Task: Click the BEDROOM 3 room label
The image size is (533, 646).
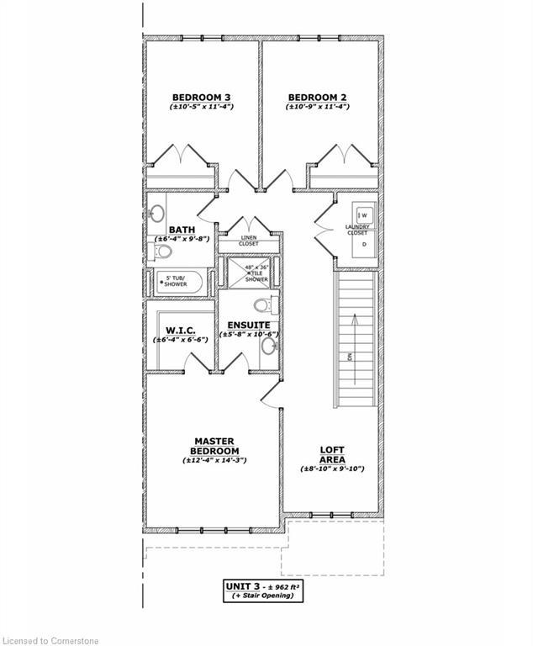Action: tap(202, 98)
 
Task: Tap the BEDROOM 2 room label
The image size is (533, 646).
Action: tap(317, 98)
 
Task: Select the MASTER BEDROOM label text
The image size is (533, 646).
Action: tap(214, 446)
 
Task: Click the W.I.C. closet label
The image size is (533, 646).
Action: tap(182, 330)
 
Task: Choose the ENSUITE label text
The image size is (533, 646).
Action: tap(248, 325)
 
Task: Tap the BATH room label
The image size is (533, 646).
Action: tap(182, 229)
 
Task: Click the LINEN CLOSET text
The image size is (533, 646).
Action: tap(249, 241)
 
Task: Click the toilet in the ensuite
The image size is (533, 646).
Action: tap(261, 304)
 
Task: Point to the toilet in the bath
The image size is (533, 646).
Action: tap(165, 251)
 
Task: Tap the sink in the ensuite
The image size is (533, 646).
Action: tap(269, 345)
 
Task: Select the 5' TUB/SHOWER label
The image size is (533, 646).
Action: tap(176, 282)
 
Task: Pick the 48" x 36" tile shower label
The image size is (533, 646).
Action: tap(256, 273)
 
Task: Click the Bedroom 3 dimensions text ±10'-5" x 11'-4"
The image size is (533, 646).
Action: tap(202, 108)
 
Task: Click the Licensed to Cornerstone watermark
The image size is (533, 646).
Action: tap(50, 640)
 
